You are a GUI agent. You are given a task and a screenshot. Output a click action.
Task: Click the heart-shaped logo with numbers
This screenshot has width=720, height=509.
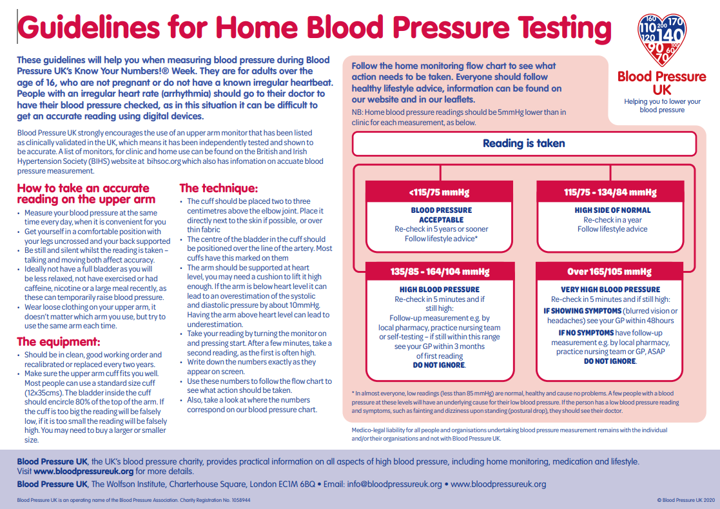[x=661, y=39]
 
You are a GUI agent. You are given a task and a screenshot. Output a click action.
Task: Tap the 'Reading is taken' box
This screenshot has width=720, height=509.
[x=523, y=144]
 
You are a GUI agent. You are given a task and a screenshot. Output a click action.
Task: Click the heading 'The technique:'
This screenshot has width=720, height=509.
[x=219, y=188]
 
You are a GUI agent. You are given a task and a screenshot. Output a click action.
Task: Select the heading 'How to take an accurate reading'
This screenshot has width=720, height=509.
[x=83, y=194]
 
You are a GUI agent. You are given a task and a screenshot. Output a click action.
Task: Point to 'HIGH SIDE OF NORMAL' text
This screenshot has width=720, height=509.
[x=612, y=210]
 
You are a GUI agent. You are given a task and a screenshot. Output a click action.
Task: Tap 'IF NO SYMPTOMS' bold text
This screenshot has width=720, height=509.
[x=587, y=333]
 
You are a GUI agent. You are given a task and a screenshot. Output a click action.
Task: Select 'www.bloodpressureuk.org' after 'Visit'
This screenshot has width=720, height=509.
[x=84, y=471]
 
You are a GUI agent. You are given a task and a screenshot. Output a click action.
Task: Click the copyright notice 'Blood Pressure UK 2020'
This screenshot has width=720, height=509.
[x=686, y=500]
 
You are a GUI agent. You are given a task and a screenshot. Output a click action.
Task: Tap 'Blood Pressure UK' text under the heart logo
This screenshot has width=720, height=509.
[x=661, y=83]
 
